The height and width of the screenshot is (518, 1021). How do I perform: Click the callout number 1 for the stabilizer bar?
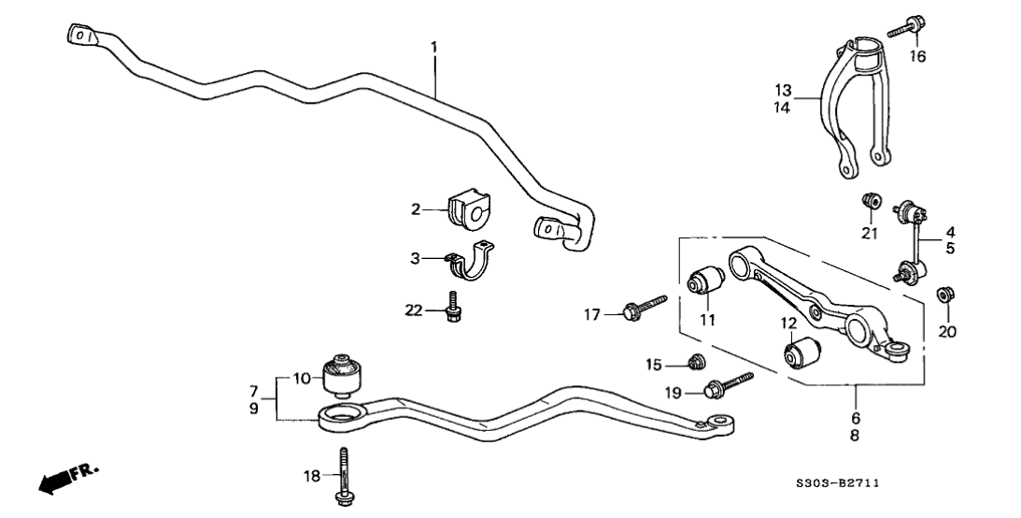click(x=433, y=46)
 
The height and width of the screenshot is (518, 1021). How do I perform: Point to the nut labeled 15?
click(x=693, y=362)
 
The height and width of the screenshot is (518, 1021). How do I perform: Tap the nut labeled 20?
click(x=944, y=296)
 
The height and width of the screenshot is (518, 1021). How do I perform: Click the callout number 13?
click(x=783, y=91)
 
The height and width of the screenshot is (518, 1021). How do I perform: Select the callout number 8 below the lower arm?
click(x=856, y=435)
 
